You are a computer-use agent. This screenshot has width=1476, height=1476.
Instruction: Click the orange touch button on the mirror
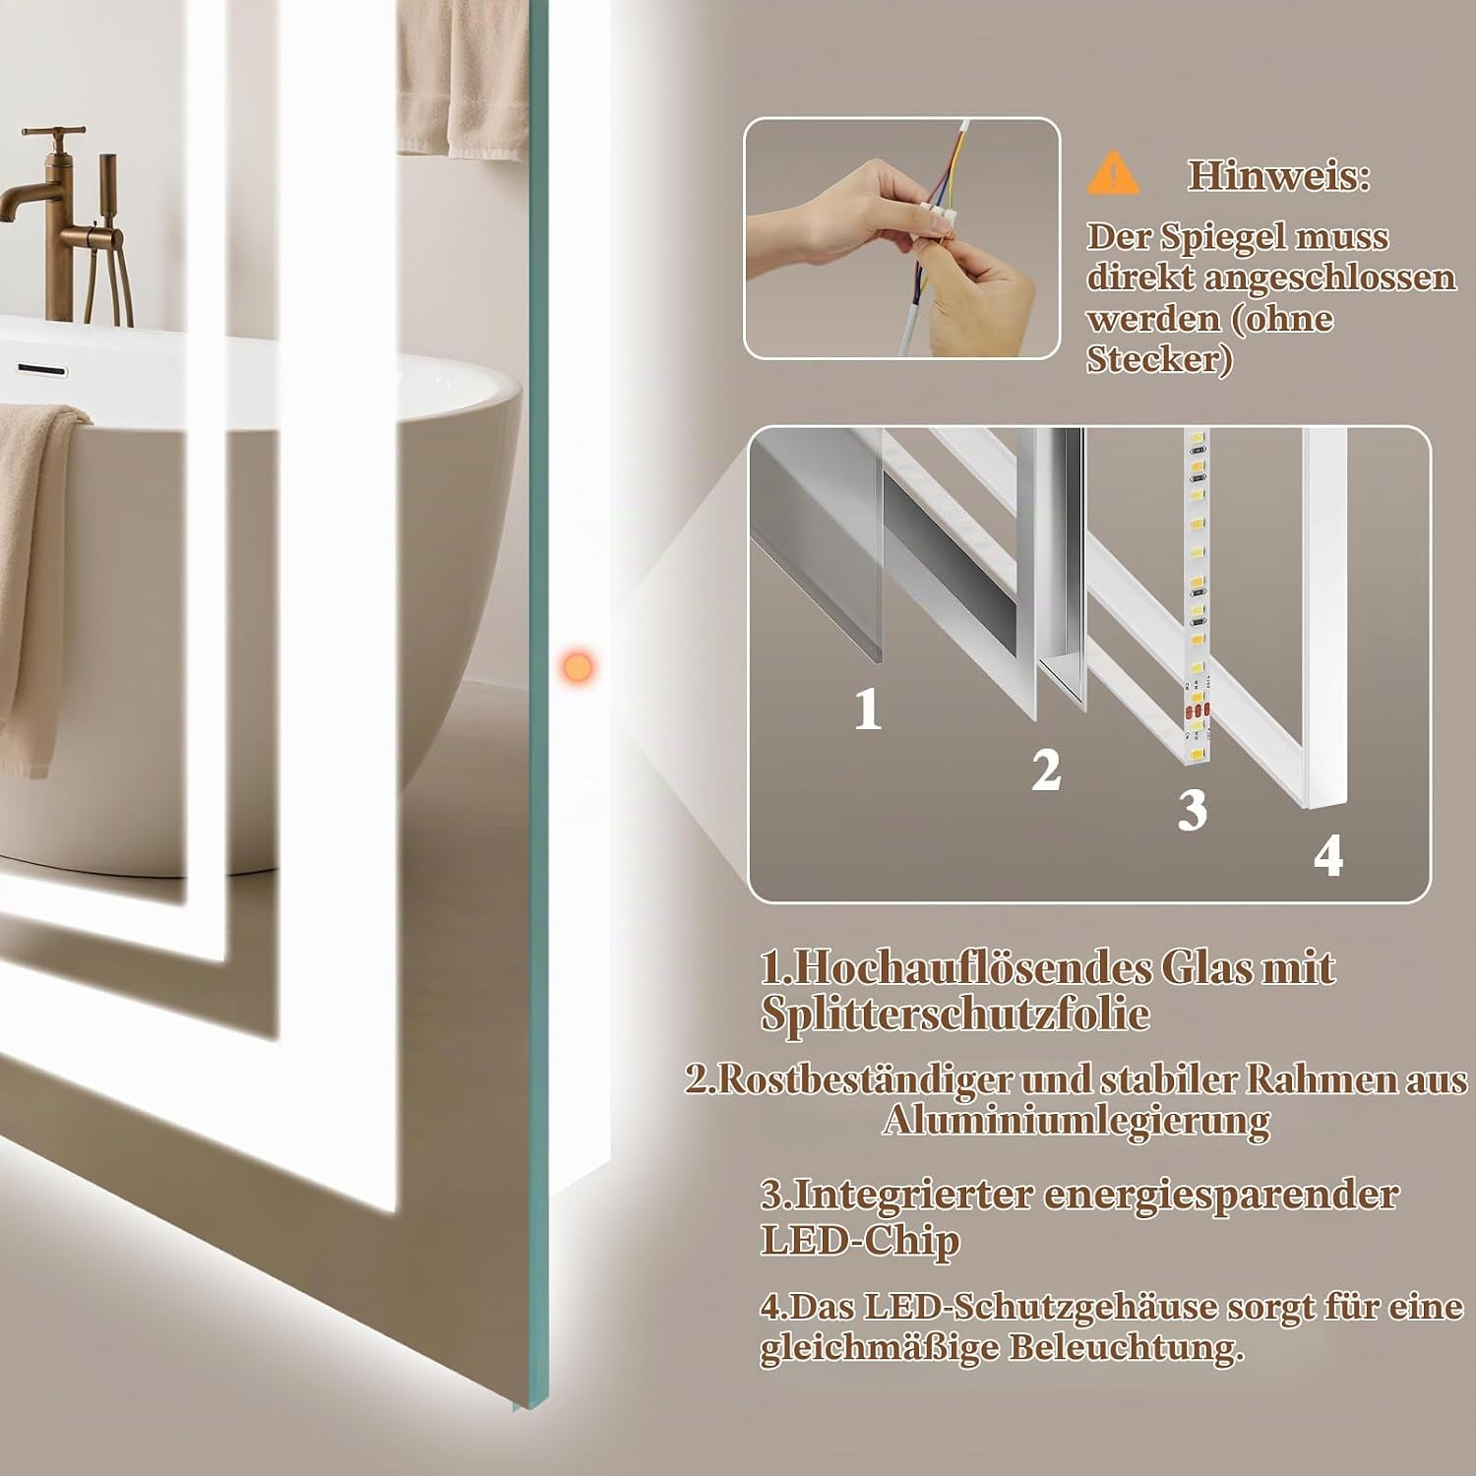[x=576, y=664]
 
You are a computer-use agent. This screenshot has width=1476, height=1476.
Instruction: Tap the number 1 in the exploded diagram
[x=867, y=708]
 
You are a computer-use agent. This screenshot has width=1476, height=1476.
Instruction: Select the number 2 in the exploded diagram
[x=1046, y=769]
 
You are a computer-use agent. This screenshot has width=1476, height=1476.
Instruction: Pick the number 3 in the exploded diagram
[x=1192, y=810]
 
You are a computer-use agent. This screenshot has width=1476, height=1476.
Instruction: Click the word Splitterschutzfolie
[x=954, y=1015]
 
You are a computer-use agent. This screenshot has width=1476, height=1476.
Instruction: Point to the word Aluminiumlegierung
[x=1076, y=1121]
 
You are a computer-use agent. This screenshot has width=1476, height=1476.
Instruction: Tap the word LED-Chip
[x=859, y=1240]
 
